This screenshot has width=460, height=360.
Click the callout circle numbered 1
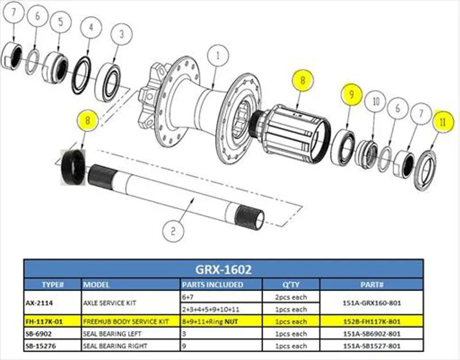[x=217, y=57]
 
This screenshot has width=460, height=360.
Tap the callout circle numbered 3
[x=121, y=33]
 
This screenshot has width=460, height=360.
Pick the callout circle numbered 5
[x=58, y=22]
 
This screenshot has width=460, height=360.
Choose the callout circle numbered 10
[x=377, y=102]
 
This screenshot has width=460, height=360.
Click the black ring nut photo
[x=73, y=167]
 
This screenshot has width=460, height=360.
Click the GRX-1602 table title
[x=223, y=269]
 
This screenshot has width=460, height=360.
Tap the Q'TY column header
[x=290, y=285]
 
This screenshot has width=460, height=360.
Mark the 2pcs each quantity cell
[x=290, y=297]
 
